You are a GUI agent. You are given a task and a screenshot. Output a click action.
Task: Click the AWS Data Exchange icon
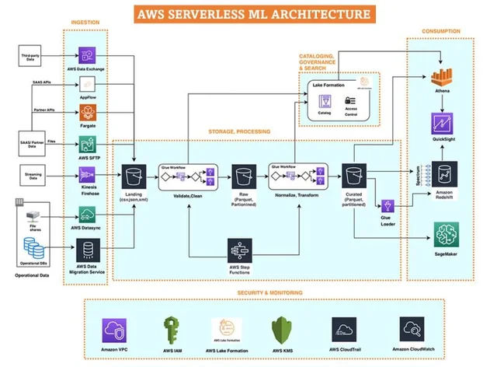coord(86,55)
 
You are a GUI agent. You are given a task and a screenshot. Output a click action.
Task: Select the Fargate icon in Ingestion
coord(86,114)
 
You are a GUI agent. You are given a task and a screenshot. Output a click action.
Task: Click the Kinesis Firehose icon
coord(86,172)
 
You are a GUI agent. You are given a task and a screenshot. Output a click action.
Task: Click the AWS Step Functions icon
coord(239,250)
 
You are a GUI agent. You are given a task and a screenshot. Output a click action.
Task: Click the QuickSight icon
coord(441,124)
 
